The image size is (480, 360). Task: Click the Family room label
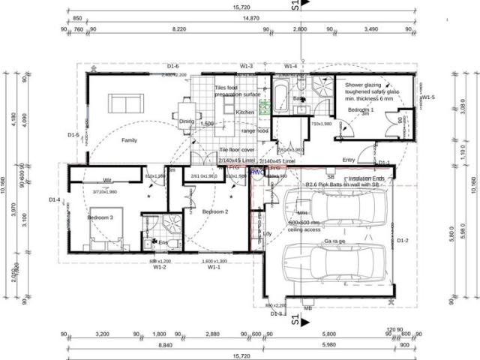tap(130, 140)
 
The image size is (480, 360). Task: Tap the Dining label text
tap(187, 121)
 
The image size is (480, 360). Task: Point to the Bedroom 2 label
tap(215, 212)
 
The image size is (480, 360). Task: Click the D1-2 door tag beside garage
tap(403, 240)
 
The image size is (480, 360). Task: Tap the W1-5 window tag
tap(427, 97)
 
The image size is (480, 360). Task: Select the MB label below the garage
tap(307, 307)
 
